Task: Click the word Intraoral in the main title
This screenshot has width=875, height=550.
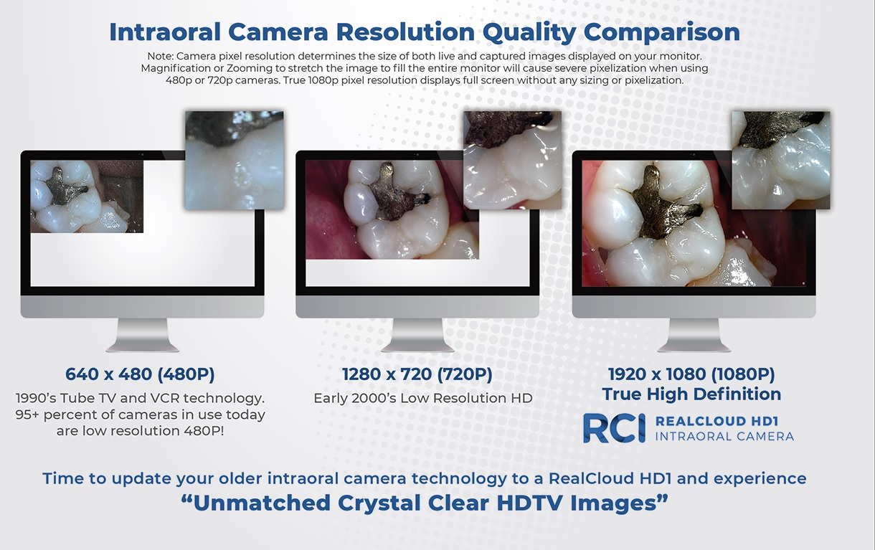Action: click(165, 32)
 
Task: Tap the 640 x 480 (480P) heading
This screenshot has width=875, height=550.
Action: click(140, 374)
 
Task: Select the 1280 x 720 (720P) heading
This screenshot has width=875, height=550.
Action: click(417, 374)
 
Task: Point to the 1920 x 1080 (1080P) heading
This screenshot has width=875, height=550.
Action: click(691, 374)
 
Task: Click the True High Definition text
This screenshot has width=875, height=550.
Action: click(691, 394)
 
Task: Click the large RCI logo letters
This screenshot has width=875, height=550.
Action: click(615, 428)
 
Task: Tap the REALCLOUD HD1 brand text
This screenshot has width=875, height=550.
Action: click(717, 421)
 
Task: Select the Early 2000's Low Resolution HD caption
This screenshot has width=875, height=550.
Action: click(423, 398)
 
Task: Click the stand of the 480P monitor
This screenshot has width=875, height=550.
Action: click(142, 335)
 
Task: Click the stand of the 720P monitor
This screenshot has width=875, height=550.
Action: click(417, 335)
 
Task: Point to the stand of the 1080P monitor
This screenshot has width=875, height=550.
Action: click(694, 335)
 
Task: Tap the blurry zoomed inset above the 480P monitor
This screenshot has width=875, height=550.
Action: click(235, 160)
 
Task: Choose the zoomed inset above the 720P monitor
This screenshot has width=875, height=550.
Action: click(513, 160)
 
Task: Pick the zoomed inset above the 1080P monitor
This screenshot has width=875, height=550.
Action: click(781, 160)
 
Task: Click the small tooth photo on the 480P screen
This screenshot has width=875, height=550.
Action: click(87, 196)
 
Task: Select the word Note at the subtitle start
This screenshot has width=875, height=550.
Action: click(160, 56)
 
